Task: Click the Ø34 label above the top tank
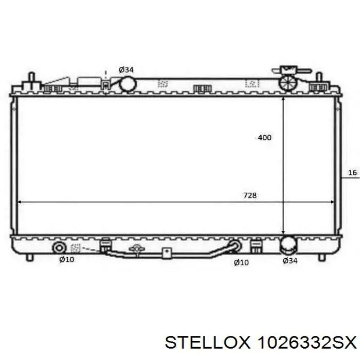click(x=126, y=69)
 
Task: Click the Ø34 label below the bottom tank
click(x=290, y=261)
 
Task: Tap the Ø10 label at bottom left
click(x=66, y=259)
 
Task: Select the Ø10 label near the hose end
click(x=241, y=262)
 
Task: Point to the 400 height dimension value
click(x=264, y=137)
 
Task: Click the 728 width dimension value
click(x=250, y=195)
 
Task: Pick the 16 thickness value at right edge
click(x=353, y=172)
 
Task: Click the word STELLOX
click(x=207, y=343)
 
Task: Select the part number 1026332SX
click(x=307, y=343)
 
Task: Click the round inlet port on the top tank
click(x=128, y=84)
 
